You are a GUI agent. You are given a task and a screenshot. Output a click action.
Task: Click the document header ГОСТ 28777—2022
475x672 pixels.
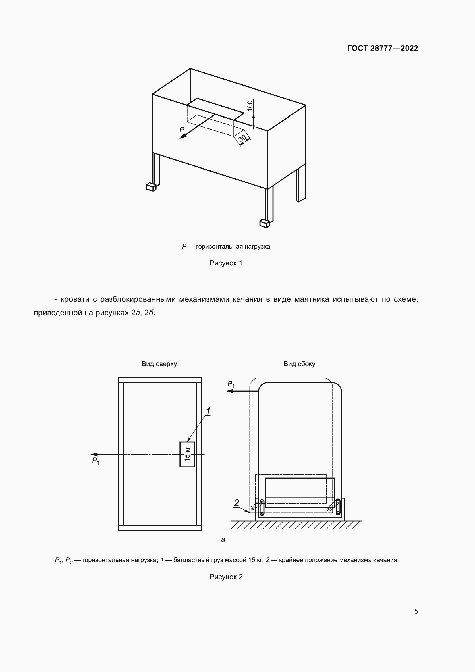[x=382, y=48]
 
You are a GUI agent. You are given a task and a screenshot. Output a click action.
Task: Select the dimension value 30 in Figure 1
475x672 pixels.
[x=242, y=138]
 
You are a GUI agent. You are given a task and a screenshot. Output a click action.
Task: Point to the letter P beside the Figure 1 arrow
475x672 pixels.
[x=182, y=130]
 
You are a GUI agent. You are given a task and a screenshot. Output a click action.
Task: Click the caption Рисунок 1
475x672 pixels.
[x=226, y=263]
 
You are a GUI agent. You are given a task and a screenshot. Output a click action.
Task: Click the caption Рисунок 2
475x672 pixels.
[x=226, y=577]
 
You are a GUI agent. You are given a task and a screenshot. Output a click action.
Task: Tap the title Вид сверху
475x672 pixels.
[x=159, y=364]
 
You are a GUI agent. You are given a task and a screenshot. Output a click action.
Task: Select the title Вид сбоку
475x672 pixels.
[x=299, y=364]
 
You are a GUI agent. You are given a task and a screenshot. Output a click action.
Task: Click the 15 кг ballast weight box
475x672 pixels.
[x=187, y=454]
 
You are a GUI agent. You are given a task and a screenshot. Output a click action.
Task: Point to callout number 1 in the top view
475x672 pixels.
[x=208, y=411]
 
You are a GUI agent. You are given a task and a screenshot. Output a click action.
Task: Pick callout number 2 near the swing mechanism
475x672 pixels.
[x=236, y=503]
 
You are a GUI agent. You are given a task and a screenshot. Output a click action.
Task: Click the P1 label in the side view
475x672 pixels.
[x=231, y=384]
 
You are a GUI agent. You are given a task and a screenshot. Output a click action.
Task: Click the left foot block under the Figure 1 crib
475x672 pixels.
[x=151, y=187]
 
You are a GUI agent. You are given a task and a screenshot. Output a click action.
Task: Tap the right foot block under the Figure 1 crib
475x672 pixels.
[x=264, y=223]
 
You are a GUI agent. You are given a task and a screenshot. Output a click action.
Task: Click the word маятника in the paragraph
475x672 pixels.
[x=312, y=299]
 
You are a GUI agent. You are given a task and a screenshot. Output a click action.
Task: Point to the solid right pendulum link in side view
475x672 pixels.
[x=338, y=507]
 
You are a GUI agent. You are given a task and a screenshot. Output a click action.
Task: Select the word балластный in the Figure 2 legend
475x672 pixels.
[x=191, y=560]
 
